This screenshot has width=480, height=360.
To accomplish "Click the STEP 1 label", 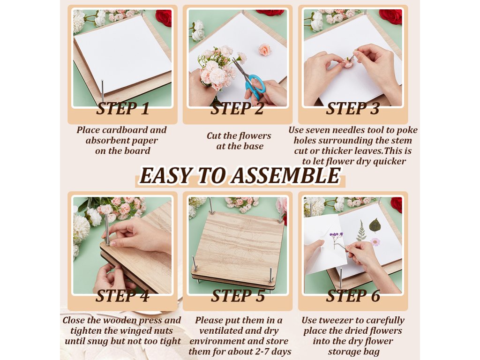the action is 123,109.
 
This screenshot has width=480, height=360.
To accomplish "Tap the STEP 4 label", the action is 122,296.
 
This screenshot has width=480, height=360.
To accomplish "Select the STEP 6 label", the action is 353,296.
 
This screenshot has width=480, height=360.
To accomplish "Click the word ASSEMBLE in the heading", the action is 286,176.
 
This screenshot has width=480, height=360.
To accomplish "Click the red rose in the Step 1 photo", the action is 164,17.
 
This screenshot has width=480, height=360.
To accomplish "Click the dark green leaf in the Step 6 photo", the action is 375,225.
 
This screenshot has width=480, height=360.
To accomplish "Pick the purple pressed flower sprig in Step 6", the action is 337,237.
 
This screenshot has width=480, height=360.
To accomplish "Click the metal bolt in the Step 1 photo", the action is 102,91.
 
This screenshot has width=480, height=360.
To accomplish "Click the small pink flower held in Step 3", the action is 348,63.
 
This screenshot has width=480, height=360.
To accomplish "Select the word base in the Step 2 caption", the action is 254,146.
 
